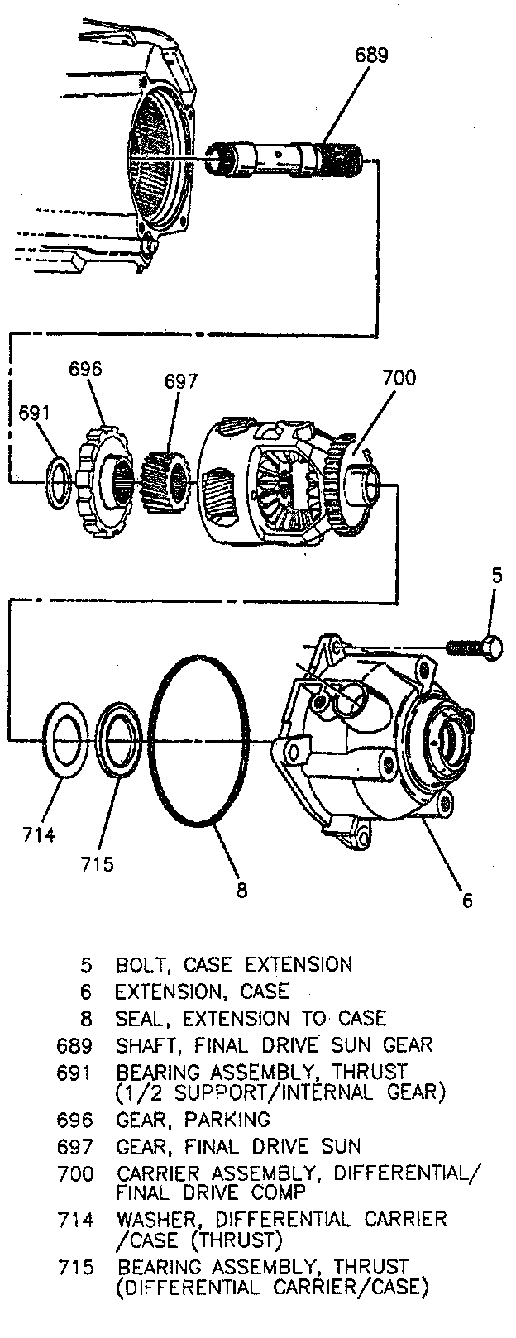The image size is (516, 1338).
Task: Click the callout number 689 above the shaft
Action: pos(371,55)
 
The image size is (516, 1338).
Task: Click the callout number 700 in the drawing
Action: pos(399,379)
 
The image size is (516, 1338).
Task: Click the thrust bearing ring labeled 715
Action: pos(117,738)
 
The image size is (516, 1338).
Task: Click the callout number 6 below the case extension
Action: pos(468,900)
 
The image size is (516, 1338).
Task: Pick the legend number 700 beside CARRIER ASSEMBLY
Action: pos(75,1173)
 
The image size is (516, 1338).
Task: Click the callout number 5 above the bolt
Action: pos(496,576)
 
